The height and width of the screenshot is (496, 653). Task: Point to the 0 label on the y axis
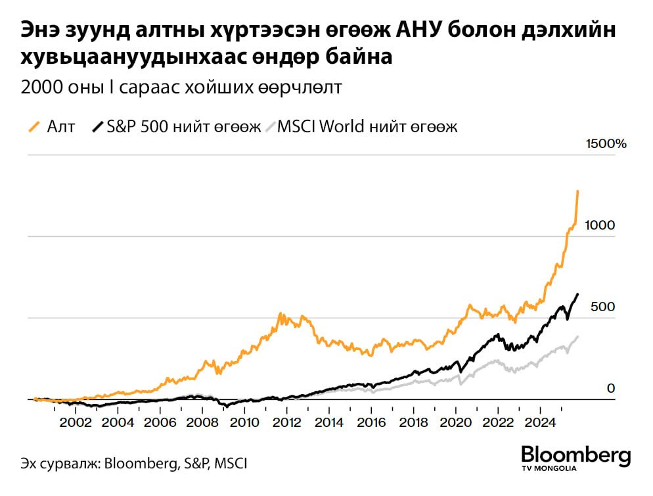(x=610, y=389)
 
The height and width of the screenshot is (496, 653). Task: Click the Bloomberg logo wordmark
(x=575, y=454)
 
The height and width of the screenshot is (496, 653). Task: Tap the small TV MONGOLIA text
(x=548, y=469)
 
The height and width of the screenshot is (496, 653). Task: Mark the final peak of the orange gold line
(x=577, y=191)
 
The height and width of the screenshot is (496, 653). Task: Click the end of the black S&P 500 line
(x=578, y=294)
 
